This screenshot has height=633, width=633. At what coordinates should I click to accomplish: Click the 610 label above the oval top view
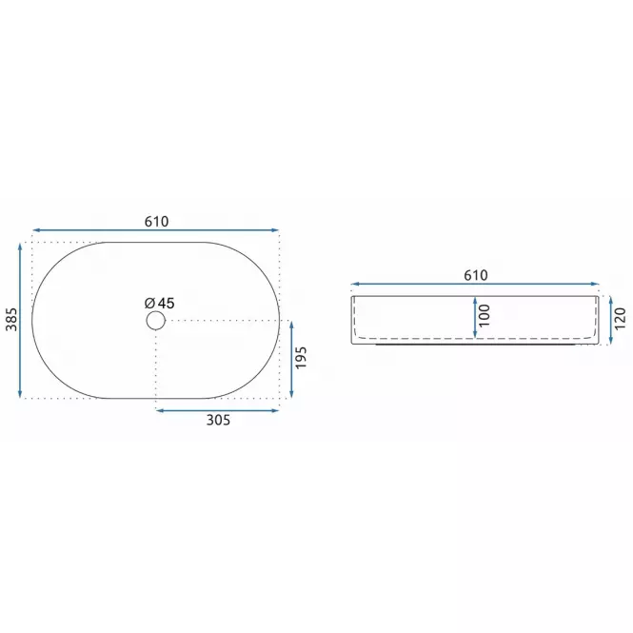click(157, 221)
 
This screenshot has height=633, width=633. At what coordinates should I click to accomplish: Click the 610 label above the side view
click(476, 275)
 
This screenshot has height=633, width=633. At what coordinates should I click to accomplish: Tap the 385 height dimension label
click(11, 319)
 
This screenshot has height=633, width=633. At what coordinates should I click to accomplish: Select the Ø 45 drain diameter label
click(160, 303)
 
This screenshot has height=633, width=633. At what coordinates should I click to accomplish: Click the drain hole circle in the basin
click(155, 321)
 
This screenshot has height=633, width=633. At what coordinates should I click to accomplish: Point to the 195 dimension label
click(301, 357)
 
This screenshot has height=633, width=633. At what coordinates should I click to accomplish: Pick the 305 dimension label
click(218, 420)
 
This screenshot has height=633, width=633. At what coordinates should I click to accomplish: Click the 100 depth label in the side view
click(484, 315)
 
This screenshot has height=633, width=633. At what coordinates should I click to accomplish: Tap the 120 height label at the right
click(620, 318)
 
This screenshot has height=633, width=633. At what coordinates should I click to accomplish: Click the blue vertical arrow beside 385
click(20, 320)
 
